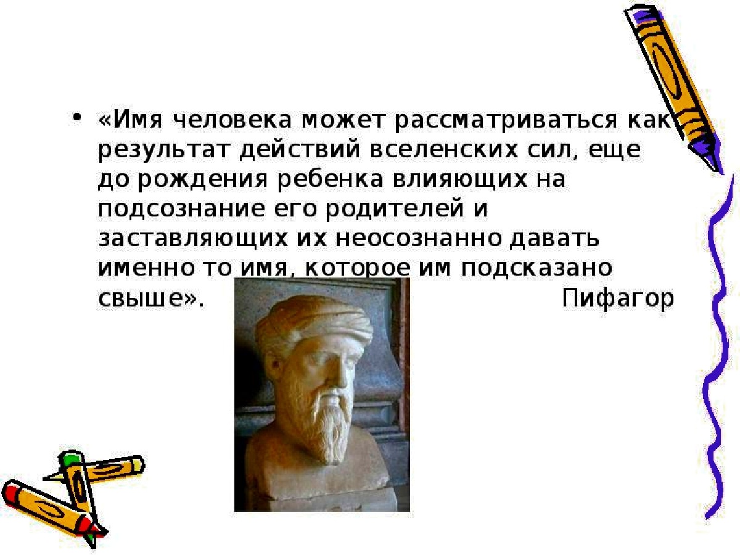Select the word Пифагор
point(617,300)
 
